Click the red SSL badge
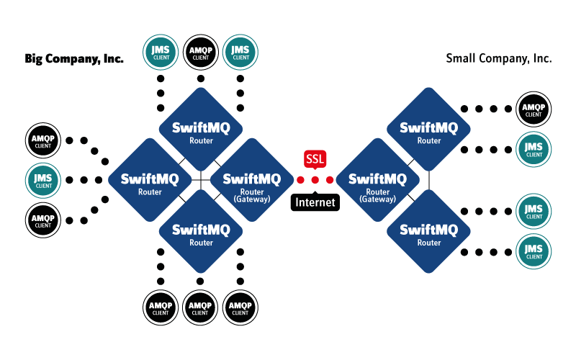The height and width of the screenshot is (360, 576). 315,158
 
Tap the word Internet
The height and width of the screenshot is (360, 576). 315,202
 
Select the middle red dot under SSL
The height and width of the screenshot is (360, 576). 315,179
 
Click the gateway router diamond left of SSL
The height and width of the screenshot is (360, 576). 252,180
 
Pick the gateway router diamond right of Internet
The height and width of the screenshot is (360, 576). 378,180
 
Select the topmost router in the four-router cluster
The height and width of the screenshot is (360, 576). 202,130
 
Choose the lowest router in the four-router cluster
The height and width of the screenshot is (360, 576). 202,232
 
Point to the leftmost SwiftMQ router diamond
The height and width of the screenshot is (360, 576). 150,180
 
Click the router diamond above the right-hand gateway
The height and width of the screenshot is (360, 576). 429,130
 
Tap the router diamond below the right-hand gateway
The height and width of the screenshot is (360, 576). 429,232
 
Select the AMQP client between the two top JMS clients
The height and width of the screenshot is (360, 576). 201,52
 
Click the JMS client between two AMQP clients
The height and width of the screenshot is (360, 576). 43,180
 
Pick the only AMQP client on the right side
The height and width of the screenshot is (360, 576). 534,109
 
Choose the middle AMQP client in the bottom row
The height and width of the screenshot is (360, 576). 200,308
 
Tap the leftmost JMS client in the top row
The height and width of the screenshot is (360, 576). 161,52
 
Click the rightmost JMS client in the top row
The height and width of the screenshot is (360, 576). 240,52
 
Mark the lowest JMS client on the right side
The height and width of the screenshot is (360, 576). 534,252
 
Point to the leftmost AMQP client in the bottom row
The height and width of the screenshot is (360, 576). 161,308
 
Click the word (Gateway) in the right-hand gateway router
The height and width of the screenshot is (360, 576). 378,199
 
